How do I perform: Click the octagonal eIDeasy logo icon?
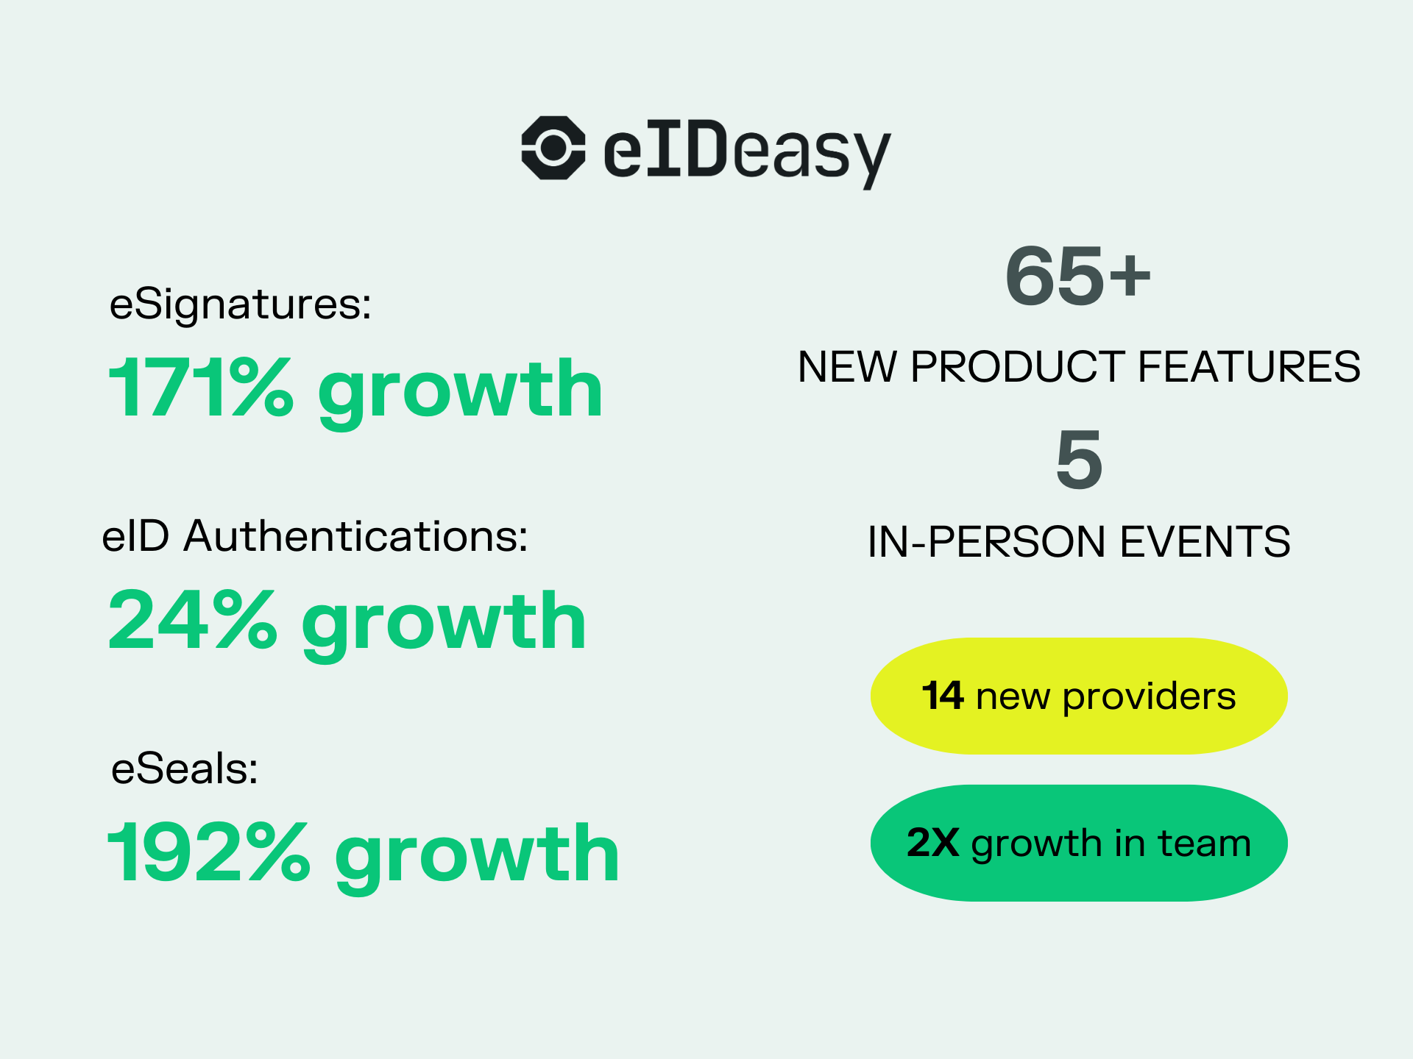(553, 148)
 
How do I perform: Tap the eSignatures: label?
(241, 304)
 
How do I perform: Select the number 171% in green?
(200, 388)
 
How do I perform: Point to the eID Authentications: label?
(315, 536)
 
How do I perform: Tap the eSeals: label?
(185, 769)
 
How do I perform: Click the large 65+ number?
(1078, 276)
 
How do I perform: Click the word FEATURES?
(1249, 366)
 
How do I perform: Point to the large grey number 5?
(1079, 460)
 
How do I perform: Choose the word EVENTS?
(1205, 542)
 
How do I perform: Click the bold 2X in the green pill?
(932, 843)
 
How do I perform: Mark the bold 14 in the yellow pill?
(943, 696)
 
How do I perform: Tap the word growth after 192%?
(477, 857)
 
